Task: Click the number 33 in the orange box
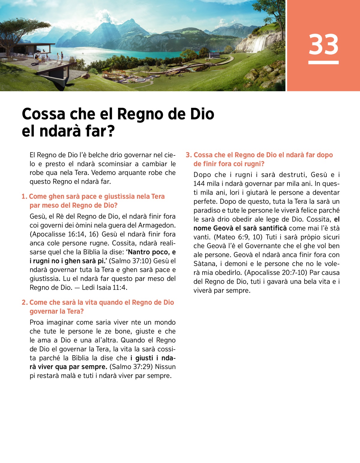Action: point(323,44)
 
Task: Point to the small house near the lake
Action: point(214,55)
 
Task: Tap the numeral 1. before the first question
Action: point(24,197)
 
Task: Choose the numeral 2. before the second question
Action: point(25,302)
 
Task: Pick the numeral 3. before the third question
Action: point(189,155)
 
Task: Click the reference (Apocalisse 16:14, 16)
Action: point(64,234)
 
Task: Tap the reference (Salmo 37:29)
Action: point(131,367)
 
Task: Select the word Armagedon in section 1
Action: point(158,225)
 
